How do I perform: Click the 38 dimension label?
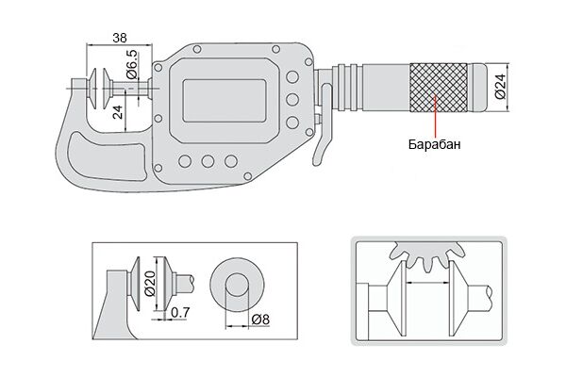point(120,38)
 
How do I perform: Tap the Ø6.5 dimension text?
point(132,65)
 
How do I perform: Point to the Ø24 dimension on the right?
point(500,87)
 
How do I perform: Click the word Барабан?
point(435,144)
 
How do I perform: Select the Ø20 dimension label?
point(150,283)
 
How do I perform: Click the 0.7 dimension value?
point(180,312)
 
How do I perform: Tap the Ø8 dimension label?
point(260,320)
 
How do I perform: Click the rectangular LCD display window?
point(225,101)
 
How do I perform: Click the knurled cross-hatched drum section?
point(439,88)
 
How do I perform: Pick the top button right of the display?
point(292,77)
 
